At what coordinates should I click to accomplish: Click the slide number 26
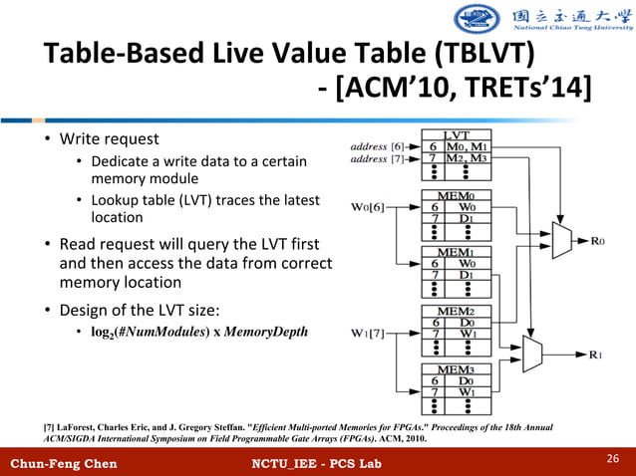pyautogui.click(x=614, y=457)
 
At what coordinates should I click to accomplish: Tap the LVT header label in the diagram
pyautogui.click(x=457, y=133)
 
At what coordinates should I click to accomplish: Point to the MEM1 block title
pyautogui.click(x=457, y=253)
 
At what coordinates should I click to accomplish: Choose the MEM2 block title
pyautogui.click(x=457, y=311)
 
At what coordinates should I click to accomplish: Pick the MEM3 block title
pyautogui.click(x=457, y=368)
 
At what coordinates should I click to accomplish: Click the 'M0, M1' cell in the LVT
pyautogui.click(x=467, y=145)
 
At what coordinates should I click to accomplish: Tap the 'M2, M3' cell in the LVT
pyautogui.click(x=467, y=158)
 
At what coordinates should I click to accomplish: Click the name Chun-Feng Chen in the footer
pyautogui.click(x=63, y=464)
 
